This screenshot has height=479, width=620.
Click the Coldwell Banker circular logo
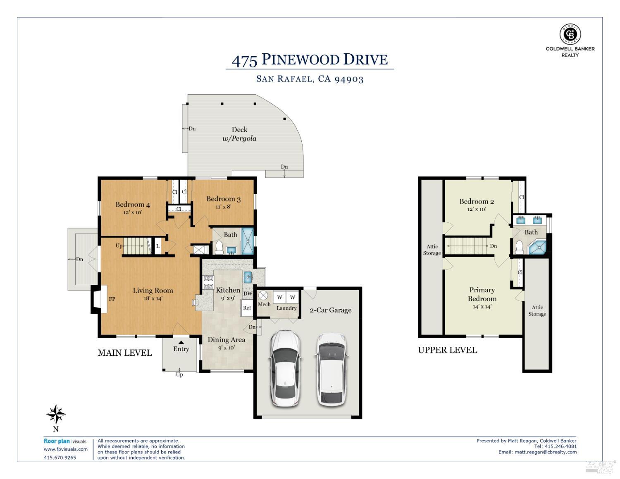570,34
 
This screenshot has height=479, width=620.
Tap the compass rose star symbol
56,414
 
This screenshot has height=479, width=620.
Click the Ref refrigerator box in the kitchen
247,307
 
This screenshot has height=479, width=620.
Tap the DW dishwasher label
248,293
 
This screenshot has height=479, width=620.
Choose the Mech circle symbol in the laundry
263,295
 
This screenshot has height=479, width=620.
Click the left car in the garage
285,368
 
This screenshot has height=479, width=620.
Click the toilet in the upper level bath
519,247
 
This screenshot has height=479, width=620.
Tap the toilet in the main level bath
219,248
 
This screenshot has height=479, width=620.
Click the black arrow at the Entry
181,342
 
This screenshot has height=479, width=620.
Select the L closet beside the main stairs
157,246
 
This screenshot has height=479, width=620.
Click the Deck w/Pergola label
239,134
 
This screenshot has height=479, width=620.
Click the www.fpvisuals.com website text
66,449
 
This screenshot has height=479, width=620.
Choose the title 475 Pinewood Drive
310,60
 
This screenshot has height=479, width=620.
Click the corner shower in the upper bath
538,247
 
